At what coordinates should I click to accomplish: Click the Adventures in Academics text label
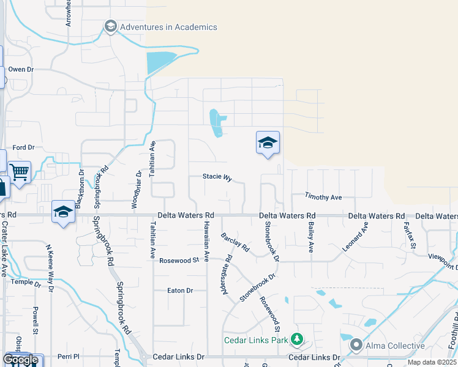[x=168, y=27]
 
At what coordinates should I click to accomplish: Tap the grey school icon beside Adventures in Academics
[x=111, y=26]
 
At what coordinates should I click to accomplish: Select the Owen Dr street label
[x=20, y=70]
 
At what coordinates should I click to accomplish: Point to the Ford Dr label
[x=23, y=147]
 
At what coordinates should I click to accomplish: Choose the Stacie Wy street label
[x=217, y=177]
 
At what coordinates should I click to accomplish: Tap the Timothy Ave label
[x=323, y=197]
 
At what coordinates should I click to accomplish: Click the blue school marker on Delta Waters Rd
[x=63, y=212]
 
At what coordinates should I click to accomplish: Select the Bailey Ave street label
[x=311, y=239]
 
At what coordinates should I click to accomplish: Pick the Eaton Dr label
[x=180, y=291]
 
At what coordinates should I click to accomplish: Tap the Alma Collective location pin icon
[x=356, y=346]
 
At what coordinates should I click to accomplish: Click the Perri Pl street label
[x=69, y=357]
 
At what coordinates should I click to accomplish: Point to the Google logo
[x=20, y=360]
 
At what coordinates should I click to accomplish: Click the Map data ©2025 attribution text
[x=432, y=362]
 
